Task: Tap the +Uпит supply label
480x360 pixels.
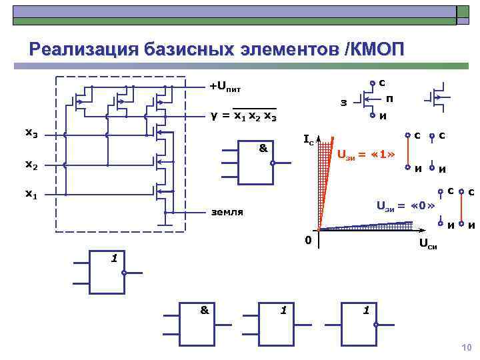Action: click(225, 87)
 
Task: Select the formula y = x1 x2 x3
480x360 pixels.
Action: click(243, 116)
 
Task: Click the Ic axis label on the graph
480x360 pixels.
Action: click(309, 141)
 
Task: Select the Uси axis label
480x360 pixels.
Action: click(427, 247)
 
